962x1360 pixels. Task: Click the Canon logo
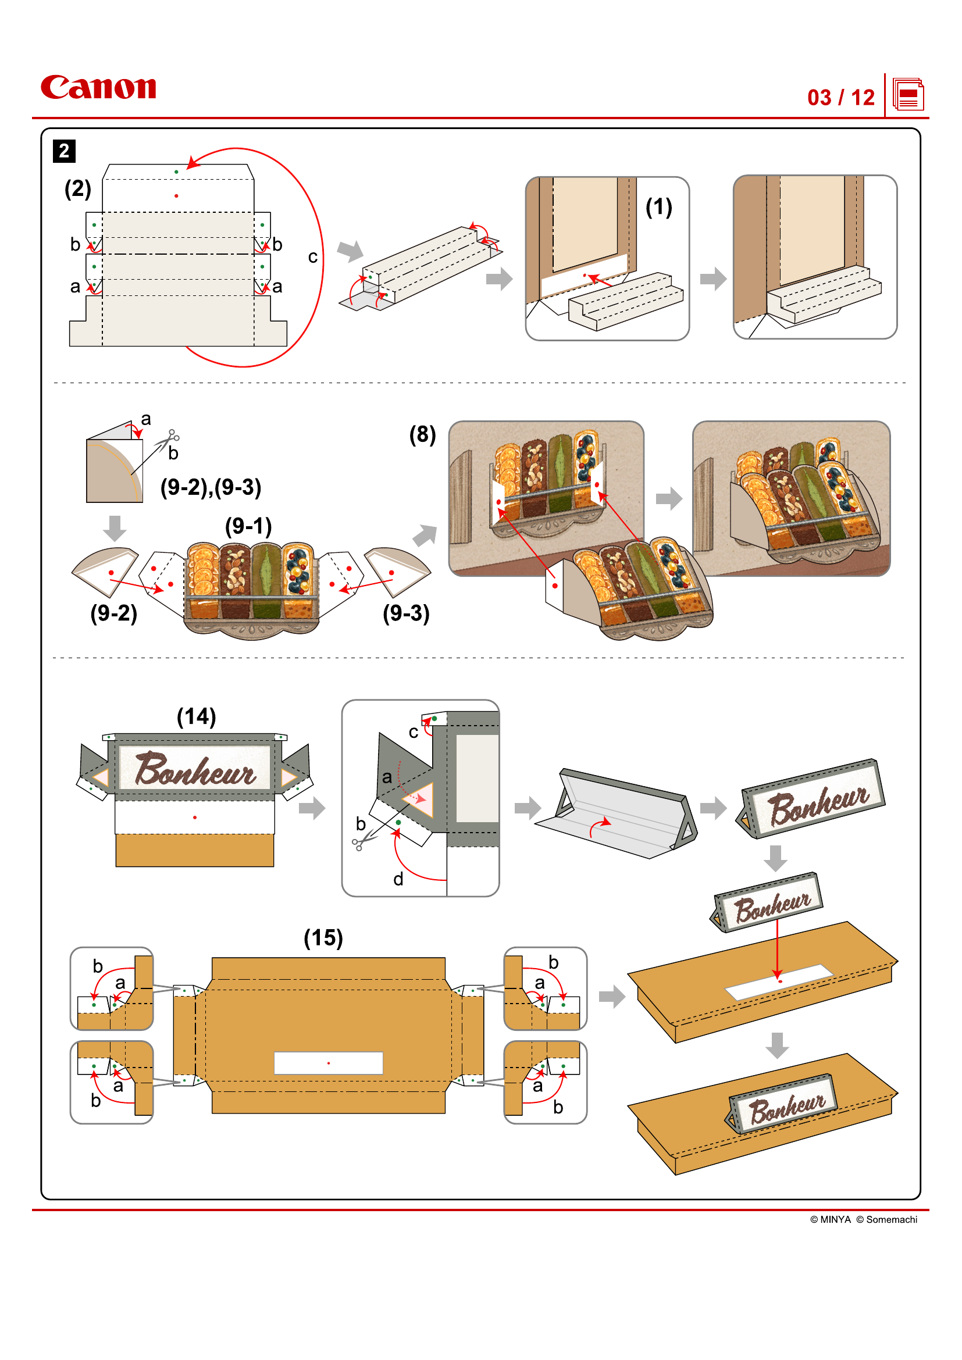click(x=98, y=88)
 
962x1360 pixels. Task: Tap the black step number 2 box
click(x=64, y=151)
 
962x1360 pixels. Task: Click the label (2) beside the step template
click(x=77, y=188)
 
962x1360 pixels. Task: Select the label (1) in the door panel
click(x=658, y=207)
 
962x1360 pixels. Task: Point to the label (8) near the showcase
click(x=422, y=434)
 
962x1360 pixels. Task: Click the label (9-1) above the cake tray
click(x=248, y=526)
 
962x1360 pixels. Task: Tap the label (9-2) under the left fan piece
click(x=113, y=612)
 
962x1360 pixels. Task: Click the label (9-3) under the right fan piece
click(x=406, y=612)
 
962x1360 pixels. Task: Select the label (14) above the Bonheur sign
click(x=196, y=716)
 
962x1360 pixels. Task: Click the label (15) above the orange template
click(x=323, y=937)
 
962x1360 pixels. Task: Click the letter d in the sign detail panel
click(x=398, y=879)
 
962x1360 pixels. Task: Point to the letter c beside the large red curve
click(x=312, y=257)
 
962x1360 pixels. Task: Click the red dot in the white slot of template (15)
click(x=329, y=1063)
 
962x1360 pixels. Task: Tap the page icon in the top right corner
click(x=907, y=95)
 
